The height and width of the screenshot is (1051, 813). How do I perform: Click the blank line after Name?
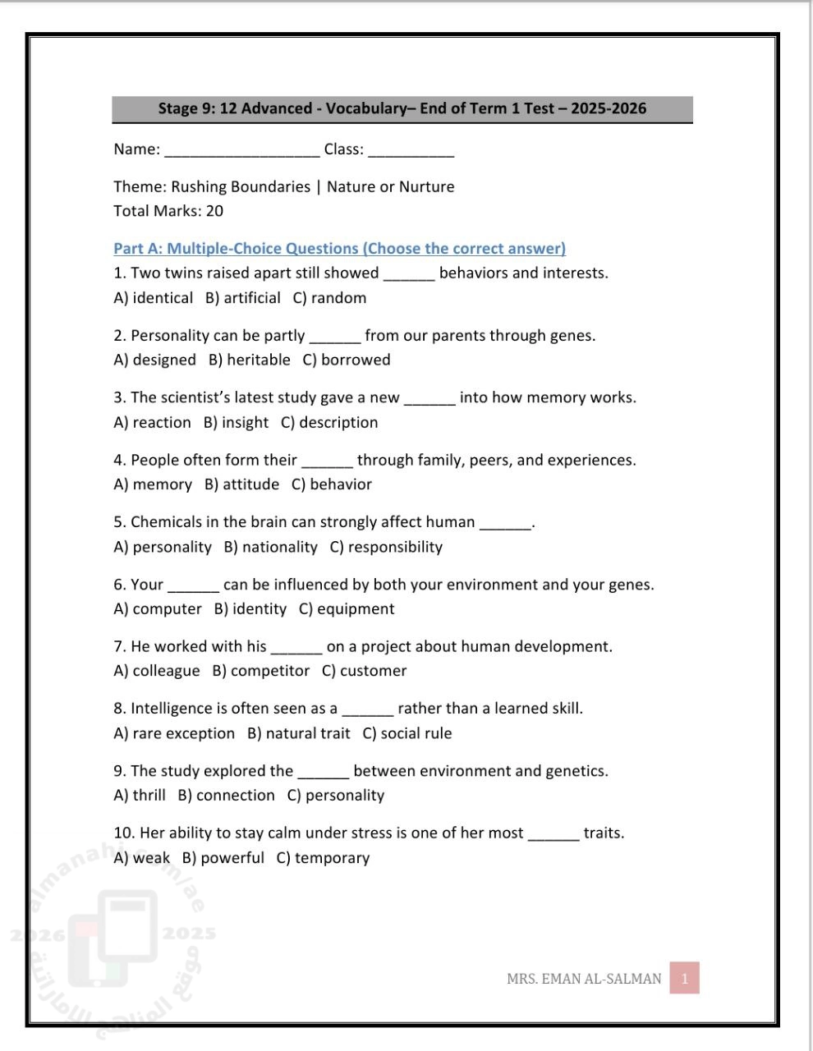242,151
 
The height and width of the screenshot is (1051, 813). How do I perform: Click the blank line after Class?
411,151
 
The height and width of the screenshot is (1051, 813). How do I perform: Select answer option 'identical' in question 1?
162,298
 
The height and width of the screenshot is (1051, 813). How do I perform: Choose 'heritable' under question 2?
258,360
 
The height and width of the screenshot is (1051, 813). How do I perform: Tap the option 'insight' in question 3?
245,422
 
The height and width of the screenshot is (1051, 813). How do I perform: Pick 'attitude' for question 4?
250,484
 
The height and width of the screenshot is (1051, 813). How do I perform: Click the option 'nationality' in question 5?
279,547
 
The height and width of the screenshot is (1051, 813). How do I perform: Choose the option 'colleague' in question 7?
165,671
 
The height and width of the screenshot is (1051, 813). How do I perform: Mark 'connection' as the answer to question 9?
235,796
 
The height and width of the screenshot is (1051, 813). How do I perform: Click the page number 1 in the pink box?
684,978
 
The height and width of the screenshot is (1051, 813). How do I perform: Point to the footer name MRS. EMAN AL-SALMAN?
584,979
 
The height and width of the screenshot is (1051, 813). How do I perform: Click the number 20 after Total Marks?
214,211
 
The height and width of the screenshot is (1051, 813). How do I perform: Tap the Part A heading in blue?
339,248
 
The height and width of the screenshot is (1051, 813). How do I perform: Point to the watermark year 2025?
189,933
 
